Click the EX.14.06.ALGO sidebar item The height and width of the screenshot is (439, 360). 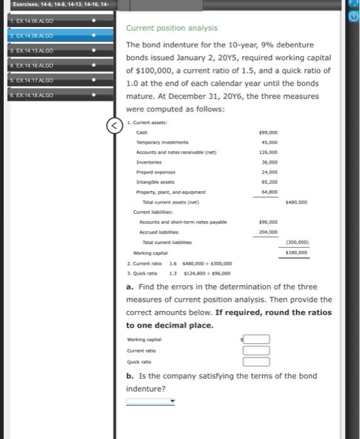(x=38, y=22)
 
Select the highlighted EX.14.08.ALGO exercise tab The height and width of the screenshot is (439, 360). (x=38, y=36)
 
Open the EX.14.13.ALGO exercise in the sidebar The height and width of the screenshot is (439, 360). (x=38, y=50)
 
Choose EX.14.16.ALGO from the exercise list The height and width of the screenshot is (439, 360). (x=38, y=65)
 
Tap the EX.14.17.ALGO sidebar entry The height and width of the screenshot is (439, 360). (x=38, y=80)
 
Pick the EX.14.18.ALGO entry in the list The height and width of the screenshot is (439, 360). (x=38, y=95)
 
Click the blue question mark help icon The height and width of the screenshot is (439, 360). (x=354, y=16)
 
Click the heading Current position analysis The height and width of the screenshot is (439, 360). (x=171, y=28)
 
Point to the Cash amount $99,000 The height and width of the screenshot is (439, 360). (x=268, y=133)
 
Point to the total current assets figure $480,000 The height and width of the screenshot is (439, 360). (x=296, y=202)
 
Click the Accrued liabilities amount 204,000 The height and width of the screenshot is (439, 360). (x=268, y=232)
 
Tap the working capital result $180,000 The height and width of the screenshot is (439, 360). (x=296, y=252)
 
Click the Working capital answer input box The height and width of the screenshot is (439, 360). (x=257, y=339)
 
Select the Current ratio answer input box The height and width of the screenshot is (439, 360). (x=257, y=351)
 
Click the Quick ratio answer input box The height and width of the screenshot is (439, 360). (x=257, y=361)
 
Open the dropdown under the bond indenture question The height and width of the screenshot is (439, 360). (x=151, y=401)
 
